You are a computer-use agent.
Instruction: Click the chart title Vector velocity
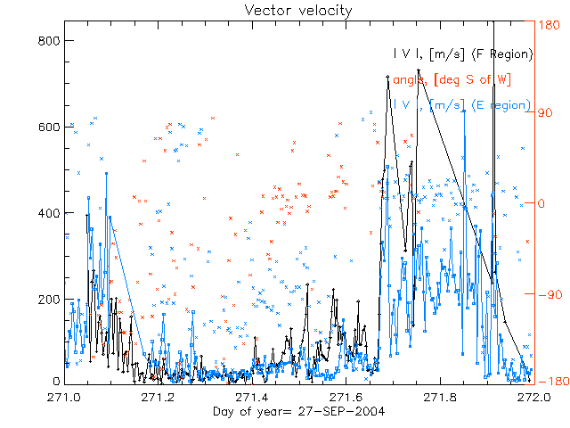[x=285, y=10]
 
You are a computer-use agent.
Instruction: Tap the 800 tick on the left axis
[x=49, y=40]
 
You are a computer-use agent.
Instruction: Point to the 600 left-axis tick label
[x=49, y=127]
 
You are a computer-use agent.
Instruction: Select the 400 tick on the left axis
[x=49, y=213]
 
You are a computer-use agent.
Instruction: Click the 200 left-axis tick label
[x=49, y=299]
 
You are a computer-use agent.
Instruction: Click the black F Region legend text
[x=463, y=54]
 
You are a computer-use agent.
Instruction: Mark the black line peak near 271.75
[x=419, y=70]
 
